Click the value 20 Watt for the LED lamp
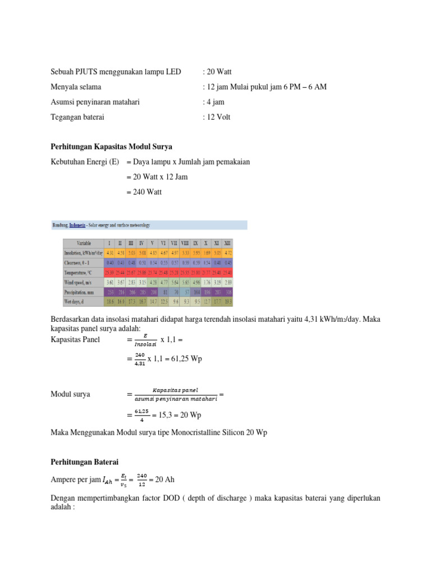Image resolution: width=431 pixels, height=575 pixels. pyautogui.click(x=218, y=72)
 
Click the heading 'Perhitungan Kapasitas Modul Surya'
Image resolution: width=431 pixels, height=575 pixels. pyautogui.click(x=104, y=147)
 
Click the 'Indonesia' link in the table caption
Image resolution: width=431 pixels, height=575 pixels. pyautogui.click(x=79, y=225)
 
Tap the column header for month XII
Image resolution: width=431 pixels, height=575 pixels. pyautogui.click(x=227, y=243)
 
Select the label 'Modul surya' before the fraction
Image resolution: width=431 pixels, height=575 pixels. pyautogui.click(x=70, y=394)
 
